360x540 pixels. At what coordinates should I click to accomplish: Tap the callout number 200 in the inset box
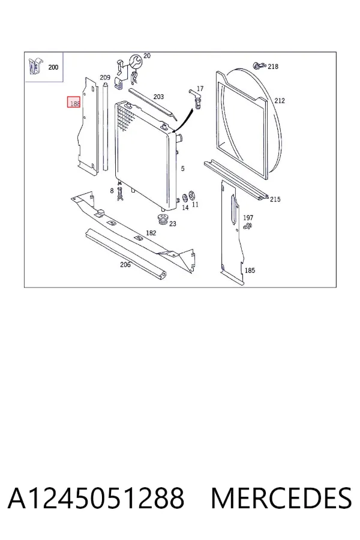[x=53, y=67]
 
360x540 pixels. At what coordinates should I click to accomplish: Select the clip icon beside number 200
[x=35, y=67]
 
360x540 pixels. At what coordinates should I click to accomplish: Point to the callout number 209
[x=105, y=78]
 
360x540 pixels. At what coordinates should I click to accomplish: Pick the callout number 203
[x=158, y=97]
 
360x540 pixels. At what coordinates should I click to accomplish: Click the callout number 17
[x=200, y=89]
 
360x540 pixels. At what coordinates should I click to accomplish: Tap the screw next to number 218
[x=259, y=65]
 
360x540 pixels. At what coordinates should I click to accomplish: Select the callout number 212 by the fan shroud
[x=280, y=101]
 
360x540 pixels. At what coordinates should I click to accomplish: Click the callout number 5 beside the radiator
[x=182, y=169]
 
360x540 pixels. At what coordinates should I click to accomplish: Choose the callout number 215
[x=275, y=199]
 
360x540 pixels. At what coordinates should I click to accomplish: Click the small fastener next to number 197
[x=247, y=226]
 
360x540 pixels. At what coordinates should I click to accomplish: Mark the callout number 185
[x=250, y=271]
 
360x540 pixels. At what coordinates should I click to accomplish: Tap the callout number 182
[x=151, y=233]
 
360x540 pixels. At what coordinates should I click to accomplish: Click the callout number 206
[x=125, y=265]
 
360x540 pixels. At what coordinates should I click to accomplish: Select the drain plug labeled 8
[x=119, y=194]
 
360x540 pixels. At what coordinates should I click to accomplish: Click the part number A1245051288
[x=96, y=498]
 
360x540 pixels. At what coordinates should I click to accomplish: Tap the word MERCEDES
[x=281, y=498]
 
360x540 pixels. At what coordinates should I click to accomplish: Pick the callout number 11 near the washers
[x=196, y=205]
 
